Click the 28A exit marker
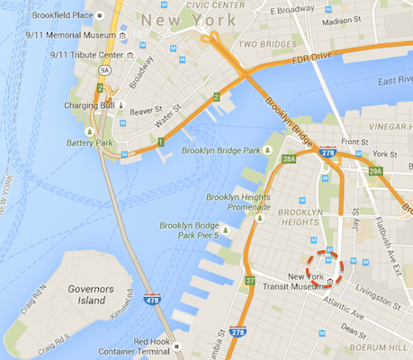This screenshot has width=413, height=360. coord(288,158)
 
